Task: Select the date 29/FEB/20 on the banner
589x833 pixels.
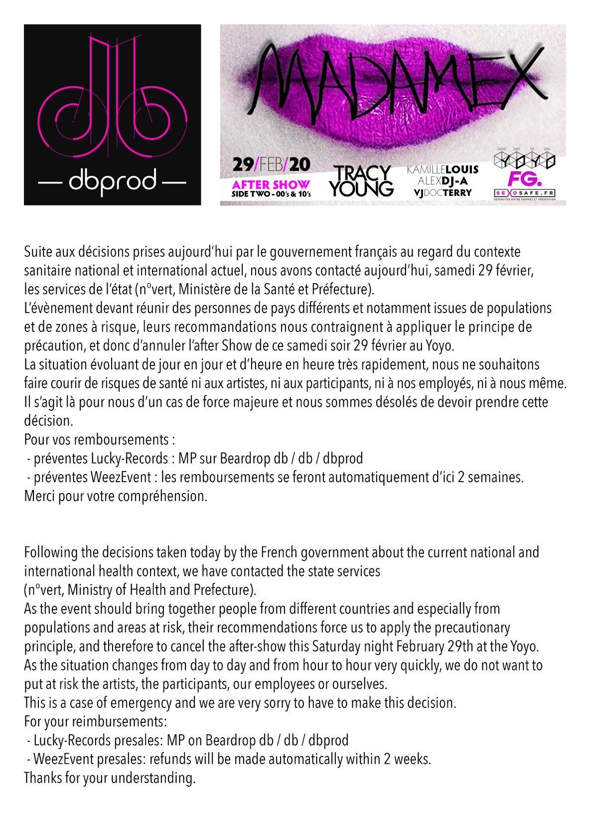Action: pyautogui.click(x=271, y=165)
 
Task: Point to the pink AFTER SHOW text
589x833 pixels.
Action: pyautogui.click(x=271, y=184)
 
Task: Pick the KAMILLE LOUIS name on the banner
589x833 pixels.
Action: pyautogui.click(x=442, y=170)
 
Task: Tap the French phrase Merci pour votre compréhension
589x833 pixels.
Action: pyautogui.click(x=116, y=496)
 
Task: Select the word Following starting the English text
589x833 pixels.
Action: pyautogui.click(x=50, y=552)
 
